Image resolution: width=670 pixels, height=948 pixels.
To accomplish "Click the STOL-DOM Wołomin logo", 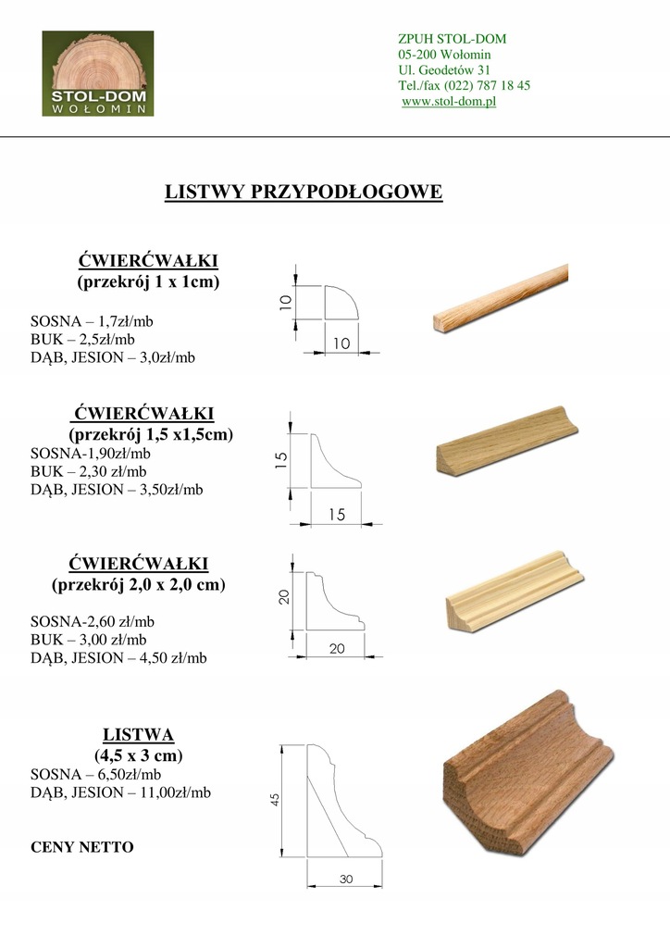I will coord(98,74).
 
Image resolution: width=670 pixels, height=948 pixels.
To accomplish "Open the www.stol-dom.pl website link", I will coord(449,101).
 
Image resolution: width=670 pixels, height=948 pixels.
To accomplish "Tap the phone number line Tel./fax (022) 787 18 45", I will coord(464,85).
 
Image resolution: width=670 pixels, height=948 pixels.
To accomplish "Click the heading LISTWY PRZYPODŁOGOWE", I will coord(304,192).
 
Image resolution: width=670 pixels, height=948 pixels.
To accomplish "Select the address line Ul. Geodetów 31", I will coord(444,69).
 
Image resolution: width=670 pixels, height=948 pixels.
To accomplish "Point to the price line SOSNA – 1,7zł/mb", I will coord(92,321).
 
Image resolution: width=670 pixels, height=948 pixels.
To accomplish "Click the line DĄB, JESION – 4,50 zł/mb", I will coord(118,657).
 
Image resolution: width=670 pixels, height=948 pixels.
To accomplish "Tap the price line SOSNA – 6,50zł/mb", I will coord(95,774).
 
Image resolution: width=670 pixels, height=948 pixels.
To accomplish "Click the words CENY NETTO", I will coord(81,847).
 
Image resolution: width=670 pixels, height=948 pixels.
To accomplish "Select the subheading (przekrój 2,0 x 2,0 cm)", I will coord(138,585).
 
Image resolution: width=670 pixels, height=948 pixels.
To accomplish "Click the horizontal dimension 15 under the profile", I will coord(336,516).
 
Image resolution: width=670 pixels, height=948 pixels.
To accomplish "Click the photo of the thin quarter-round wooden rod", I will coord(500,296).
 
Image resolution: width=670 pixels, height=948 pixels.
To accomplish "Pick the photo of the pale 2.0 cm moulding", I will coord(515,592).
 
